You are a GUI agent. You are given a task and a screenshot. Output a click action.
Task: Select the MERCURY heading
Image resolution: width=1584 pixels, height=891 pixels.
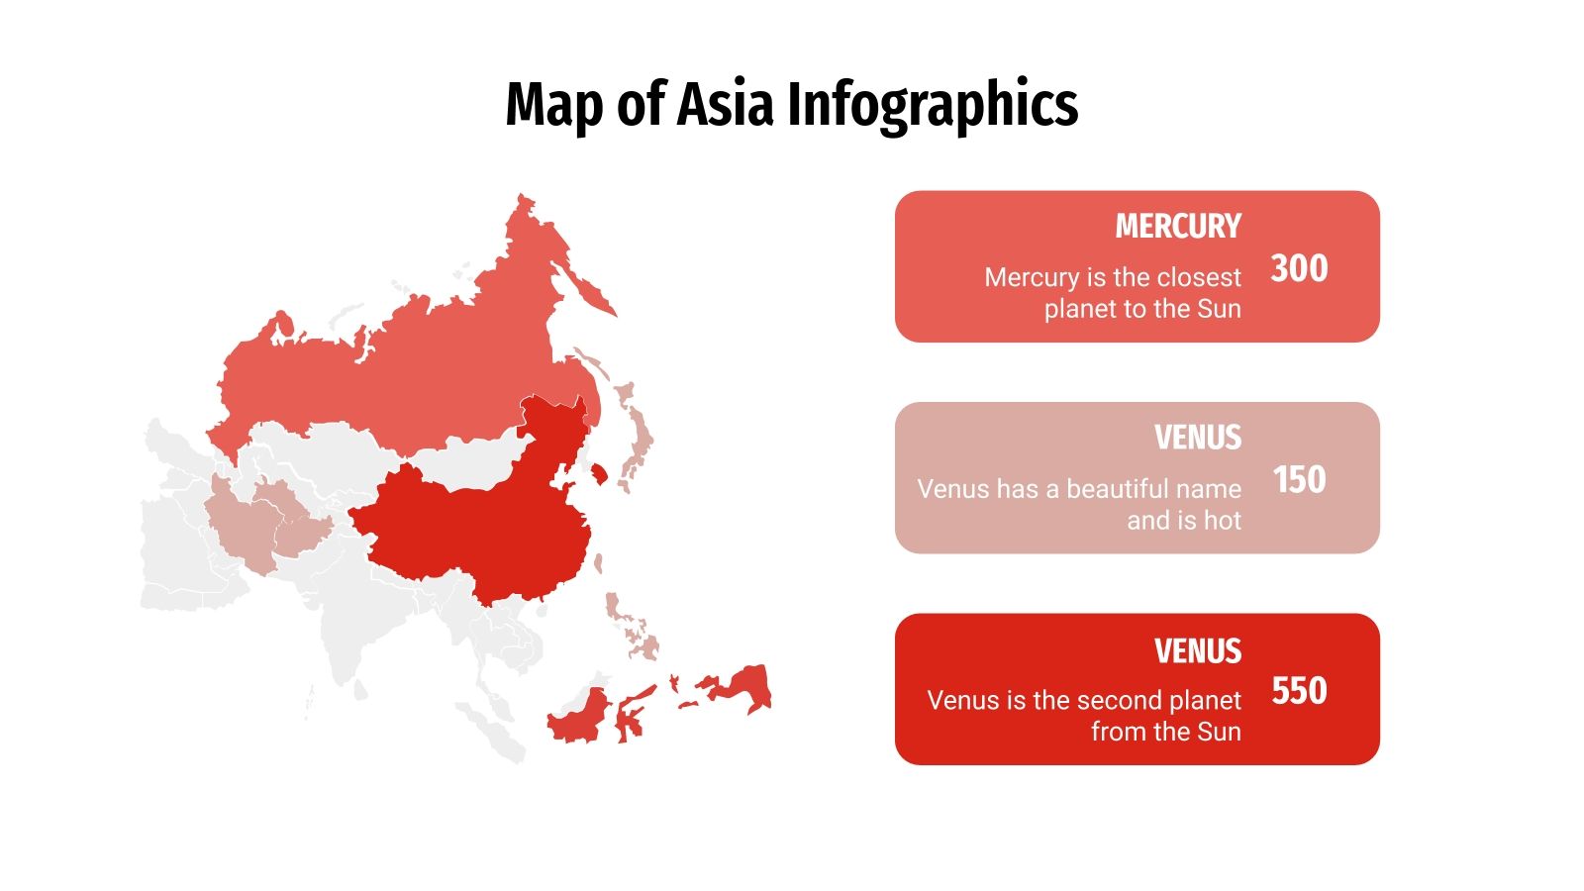tap(1177, 227)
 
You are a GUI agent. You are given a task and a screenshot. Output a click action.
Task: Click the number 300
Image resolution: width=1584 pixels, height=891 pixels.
tap(1299, 268)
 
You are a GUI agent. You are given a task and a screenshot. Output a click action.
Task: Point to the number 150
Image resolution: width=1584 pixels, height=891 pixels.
tap(1299, 480)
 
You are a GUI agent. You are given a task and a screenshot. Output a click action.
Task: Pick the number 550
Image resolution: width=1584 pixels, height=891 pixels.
tap(1299, 691)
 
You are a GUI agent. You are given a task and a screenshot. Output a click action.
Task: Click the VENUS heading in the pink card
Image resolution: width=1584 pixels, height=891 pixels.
tap(1197, 438)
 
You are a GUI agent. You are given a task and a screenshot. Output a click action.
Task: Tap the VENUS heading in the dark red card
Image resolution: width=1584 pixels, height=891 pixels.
tap(1197, 651)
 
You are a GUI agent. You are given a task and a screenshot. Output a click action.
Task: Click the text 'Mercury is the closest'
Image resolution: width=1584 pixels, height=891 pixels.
tap(1112, 277)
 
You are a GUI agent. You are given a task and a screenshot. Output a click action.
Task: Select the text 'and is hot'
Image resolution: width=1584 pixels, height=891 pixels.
tap(1183, 521)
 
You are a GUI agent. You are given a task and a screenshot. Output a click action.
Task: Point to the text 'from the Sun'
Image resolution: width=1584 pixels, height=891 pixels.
tap(1165, 732)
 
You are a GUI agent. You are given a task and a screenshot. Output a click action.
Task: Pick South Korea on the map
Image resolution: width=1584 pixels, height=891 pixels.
tap(599, 474)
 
